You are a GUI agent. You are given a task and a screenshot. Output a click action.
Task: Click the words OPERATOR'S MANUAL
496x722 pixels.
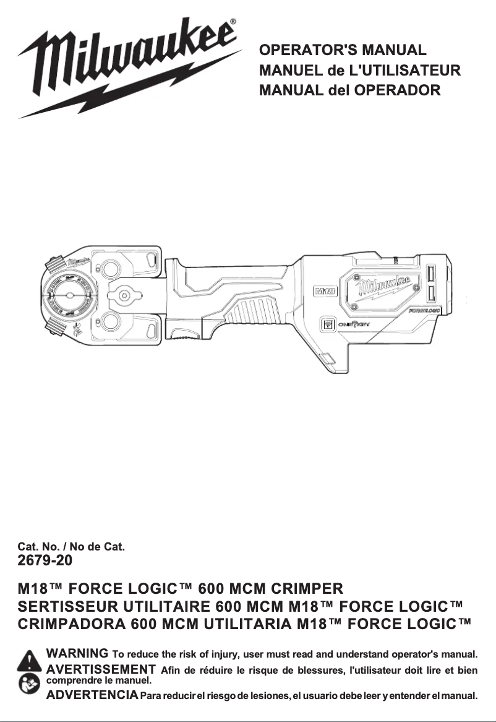[343, 50]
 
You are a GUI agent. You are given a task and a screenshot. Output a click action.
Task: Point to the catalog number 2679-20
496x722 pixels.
[46, 562]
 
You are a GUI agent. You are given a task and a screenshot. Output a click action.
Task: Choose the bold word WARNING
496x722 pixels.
[78, 653]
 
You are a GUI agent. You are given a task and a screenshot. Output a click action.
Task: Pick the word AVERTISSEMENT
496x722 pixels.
[101, 669]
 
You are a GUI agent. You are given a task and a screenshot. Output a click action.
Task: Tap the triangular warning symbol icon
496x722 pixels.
[28, 660]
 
